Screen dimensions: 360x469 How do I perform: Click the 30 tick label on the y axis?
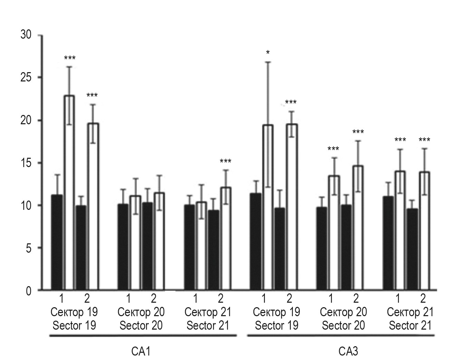(26, 35)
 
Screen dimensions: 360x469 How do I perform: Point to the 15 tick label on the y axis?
(26, 163)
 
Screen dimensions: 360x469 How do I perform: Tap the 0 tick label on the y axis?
(28, 291)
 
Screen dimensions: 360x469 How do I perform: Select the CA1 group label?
(141, 351)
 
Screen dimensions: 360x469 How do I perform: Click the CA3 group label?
(348, 351)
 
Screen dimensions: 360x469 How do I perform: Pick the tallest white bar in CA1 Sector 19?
(69, 193)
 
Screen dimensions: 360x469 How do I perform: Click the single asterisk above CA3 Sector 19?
(268, 53)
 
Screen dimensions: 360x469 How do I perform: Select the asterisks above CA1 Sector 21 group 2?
(226, 161)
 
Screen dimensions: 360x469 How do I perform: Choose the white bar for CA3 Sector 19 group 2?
(292, 207)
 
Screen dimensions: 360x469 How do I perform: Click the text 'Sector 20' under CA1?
(141, 325)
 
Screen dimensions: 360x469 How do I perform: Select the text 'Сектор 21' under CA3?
(410, 312)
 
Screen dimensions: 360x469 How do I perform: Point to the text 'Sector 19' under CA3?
(276, 325)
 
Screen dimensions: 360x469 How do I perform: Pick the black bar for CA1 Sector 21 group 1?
(190, 247)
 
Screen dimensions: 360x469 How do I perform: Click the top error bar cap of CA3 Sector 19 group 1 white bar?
(268, 62)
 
